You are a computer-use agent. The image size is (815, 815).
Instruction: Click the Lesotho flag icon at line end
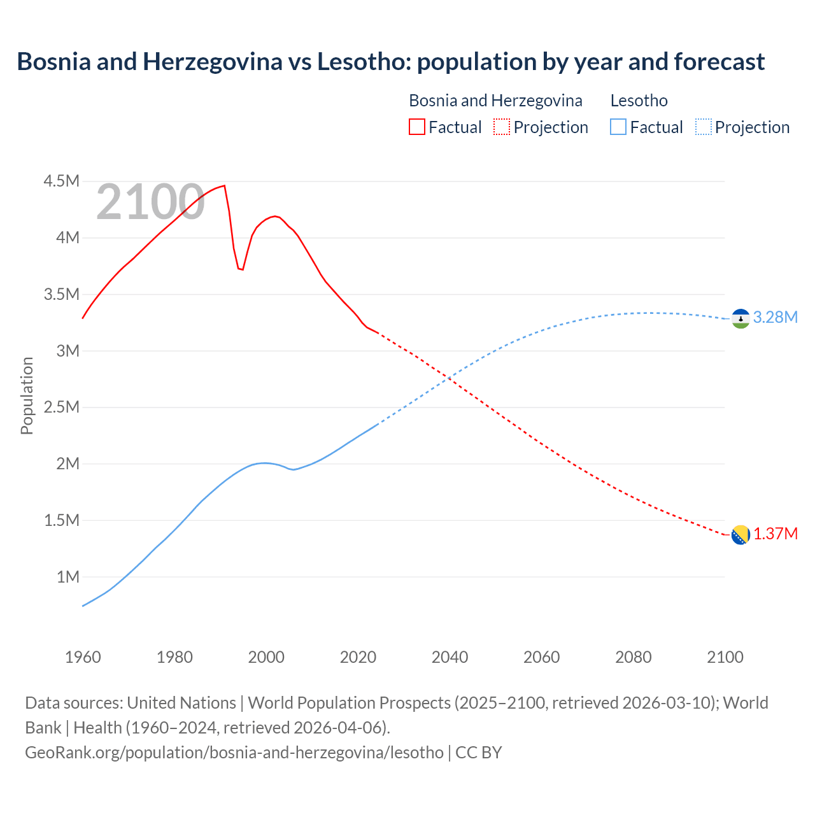coord(741,318)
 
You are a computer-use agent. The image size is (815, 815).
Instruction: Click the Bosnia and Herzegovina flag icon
coord(741,535)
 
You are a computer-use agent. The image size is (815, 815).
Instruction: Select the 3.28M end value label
coord(775,317)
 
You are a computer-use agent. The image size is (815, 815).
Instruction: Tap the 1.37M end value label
coord(775,534)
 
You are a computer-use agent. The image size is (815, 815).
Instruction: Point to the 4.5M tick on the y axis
coord(61,181)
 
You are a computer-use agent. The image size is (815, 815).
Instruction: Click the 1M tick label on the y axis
coord(67,577)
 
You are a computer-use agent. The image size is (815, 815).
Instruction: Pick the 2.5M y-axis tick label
coord(61,407)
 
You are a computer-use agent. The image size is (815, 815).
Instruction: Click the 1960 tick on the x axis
coord(83,657)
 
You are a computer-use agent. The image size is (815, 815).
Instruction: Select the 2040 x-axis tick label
coord(450,657)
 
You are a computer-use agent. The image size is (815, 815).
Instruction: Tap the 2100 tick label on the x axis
coord(725,657)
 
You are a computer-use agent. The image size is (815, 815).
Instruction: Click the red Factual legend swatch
coord(416,127)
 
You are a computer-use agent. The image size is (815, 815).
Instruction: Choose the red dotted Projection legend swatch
coord(502,127)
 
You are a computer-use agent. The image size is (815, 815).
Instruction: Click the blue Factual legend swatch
coord(618,127)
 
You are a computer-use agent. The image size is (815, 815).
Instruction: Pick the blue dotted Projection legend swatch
coord(703,127)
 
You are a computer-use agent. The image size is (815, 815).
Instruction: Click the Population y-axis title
coord(27,395)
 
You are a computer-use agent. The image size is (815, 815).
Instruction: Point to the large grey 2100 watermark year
coord(150,202)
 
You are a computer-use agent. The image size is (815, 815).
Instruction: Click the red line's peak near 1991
coord(224,186)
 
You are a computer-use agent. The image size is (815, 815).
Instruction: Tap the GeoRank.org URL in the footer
coord(234,753)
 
